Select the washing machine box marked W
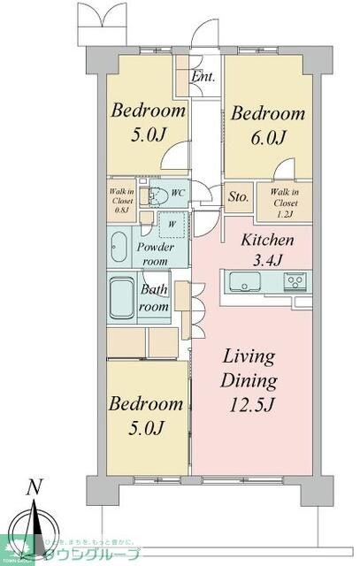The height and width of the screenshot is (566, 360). pos(172,224)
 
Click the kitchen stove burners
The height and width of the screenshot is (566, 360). pos(295,283)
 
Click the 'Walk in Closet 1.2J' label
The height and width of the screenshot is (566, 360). pos(283,203)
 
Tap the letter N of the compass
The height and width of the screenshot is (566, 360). pos(34,487)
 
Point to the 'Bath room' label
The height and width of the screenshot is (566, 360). pos(155,297)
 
